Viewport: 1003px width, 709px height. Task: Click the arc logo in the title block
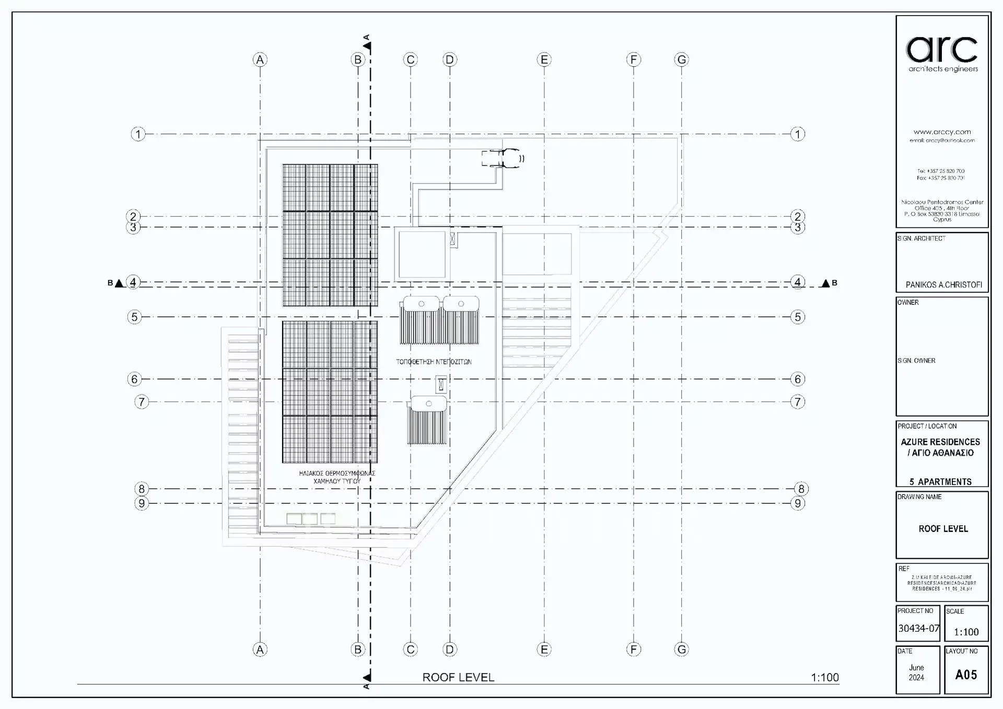(942, 50)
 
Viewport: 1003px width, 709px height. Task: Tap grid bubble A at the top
(260, 60)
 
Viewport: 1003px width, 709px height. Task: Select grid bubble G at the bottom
(682, 649)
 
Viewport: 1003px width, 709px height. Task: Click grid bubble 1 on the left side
(138, 134)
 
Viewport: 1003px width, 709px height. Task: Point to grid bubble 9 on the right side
(798, 504)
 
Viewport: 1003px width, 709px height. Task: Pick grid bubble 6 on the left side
(134, 379)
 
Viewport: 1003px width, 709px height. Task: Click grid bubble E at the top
(544, 60)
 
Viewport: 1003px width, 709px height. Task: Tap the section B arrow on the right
(825, 283)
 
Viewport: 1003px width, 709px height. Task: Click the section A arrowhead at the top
(367, 46)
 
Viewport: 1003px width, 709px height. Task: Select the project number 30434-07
(918, 629)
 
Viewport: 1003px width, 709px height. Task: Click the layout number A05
(966, 675)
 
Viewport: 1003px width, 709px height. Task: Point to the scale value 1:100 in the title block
(966, 632)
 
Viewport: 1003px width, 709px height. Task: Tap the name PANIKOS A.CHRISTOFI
(943, 285)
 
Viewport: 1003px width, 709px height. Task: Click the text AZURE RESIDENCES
(940, 442)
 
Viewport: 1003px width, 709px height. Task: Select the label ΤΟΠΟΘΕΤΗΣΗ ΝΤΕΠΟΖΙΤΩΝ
(434, 362)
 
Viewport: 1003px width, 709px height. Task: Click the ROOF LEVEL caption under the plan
(458, 678)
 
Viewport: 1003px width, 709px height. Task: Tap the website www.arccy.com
(942, 132)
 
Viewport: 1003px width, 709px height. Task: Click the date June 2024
(916, 672)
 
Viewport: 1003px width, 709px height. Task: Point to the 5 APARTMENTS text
(940, 482)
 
